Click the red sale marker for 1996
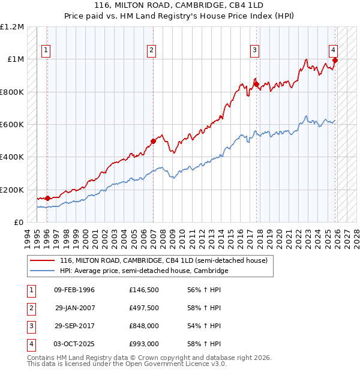[x=47, y=198]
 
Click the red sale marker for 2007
[x=153, y=142]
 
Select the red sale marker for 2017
[x=256, y=84]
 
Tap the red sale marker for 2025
[x=335, y=60]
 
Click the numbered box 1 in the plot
[x=46, y=50]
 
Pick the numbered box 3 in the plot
[x=255, y=50]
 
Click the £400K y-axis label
[x=13, y=157]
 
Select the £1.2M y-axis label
[x=13, y=27]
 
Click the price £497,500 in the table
[x=143, y=308]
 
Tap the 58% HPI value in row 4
[x=205, y=344]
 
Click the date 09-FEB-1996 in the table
[x=74, y=290]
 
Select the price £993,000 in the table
[x=143, y=344]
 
